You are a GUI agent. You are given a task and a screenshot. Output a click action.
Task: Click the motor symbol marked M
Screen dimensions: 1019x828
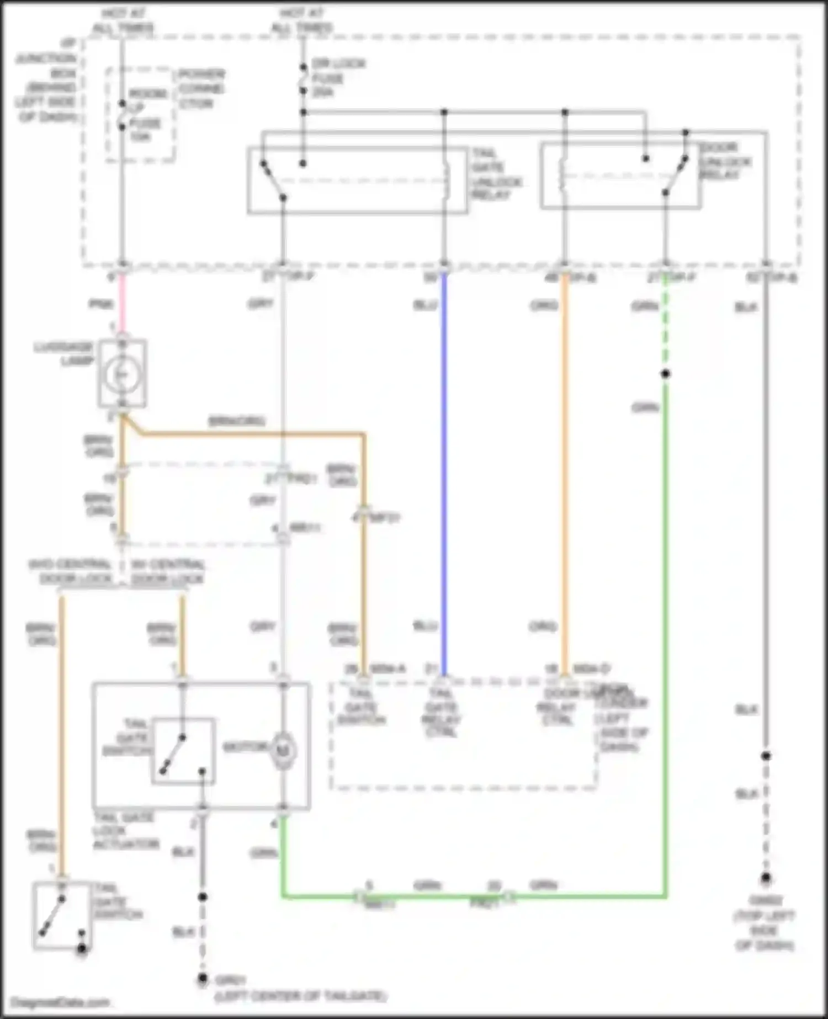283,751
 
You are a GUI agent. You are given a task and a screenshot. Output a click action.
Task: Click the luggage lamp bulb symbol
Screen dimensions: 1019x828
122,374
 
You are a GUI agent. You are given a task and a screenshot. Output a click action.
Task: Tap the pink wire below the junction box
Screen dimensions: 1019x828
122,304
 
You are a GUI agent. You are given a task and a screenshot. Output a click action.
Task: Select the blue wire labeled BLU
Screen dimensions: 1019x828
444,469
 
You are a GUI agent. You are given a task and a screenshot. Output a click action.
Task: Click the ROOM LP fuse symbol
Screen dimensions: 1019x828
122,115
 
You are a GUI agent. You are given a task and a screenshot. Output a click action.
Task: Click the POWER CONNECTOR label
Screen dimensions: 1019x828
201,89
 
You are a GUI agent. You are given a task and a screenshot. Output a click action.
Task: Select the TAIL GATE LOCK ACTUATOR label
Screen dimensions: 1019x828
125,831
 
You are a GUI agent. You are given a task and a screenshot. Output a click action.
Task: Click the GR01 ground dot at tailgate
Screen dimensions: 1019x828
203,979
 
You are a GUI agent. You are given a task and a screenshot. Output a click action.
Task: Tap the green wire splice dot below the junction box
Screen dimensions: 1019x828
666,374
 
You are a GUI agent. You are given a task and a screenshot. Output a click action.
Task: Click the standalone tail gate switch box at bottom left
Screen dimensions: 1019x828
62,916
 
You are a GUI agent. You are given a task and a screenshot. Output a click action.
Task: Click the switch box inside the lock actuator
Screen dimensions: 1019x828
183,751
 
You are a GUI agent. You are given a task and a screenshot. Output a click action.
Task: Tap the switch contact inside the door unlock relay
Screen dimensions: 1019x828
675,176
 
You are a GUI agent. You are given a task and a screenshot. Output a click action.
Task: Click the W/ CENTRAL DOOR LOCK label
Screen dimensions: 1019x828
167,572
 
